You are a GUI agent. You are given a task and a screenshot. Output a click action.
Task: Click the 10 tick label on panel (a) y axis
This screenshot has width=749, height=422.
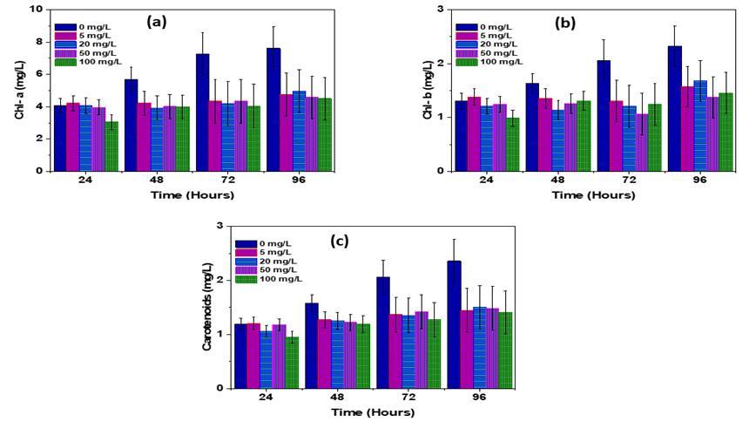[x=36, y=9]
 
